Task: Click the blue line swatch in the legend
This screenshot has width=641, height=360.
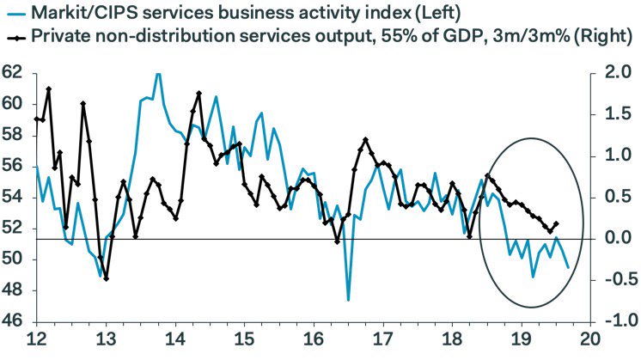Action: [x=15, y=14]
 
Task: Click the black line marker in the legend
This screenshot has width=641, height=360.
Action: [x=15, y=36]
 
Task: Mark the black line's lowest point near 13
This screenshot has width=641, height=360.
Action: [x=106, y=278]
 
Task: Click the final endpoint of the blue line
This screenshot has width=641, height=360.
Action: [x=568, y=267]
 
